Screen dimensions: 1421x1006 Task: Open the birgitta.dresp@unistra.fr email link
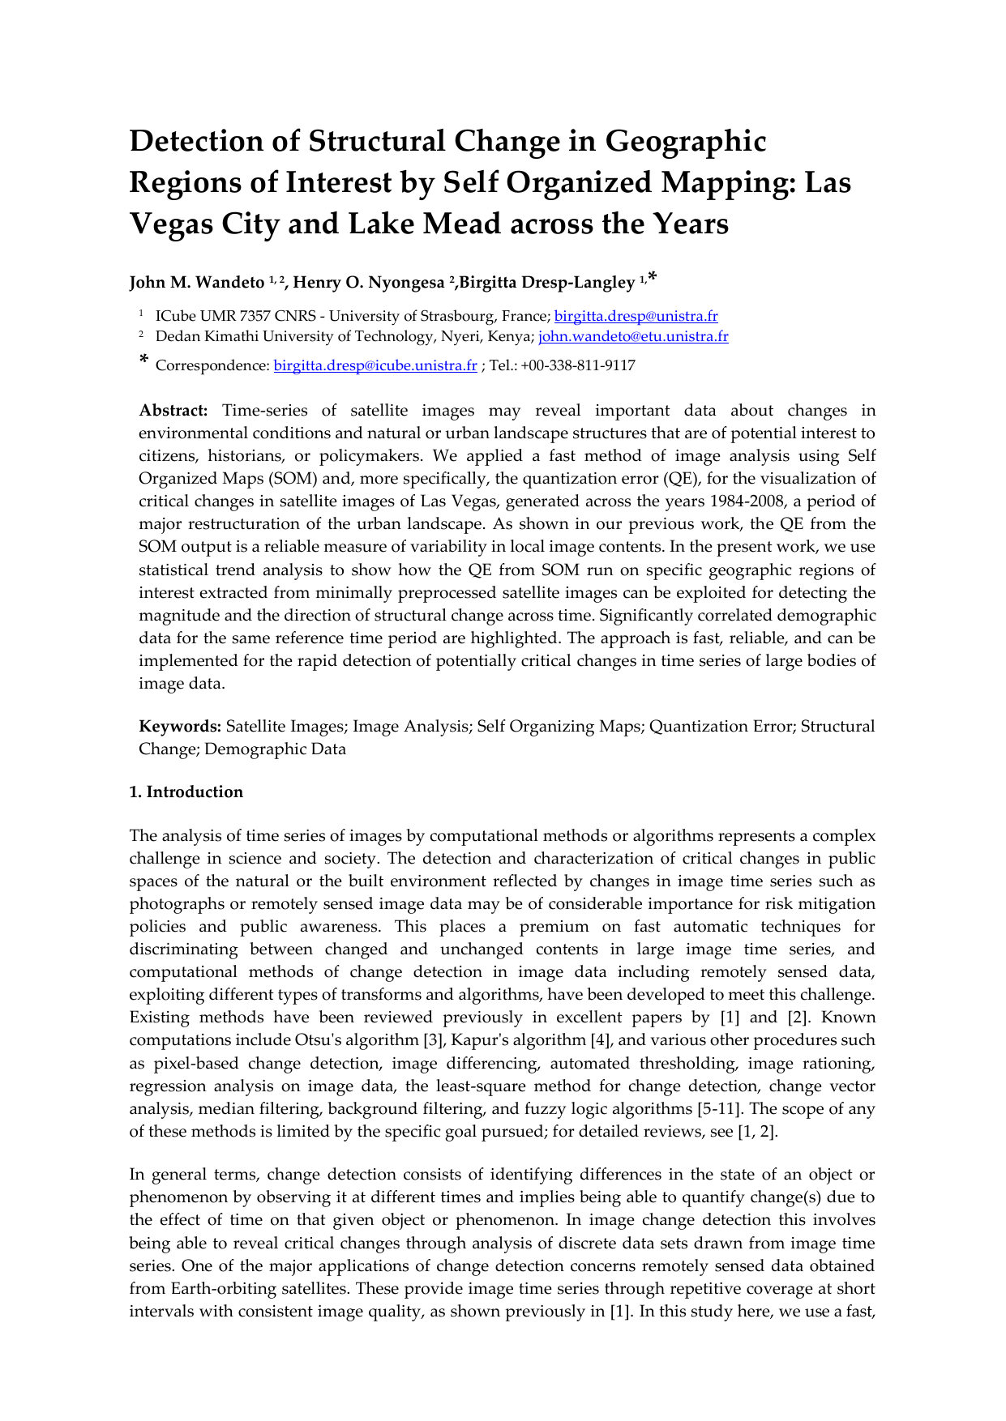point(636,317)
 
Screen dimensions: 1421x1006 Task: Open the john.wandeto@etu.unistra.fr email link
point(633,337)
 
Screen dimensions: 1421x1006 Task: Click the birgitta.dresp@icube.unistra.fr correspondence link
point(375,366)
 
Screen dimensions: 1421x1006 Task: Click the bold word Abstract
point(173,412)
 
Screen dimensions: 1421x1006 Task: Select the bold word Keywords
point(180,727)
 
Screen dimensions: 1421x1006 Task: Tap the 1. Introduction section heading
point(186,792)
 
